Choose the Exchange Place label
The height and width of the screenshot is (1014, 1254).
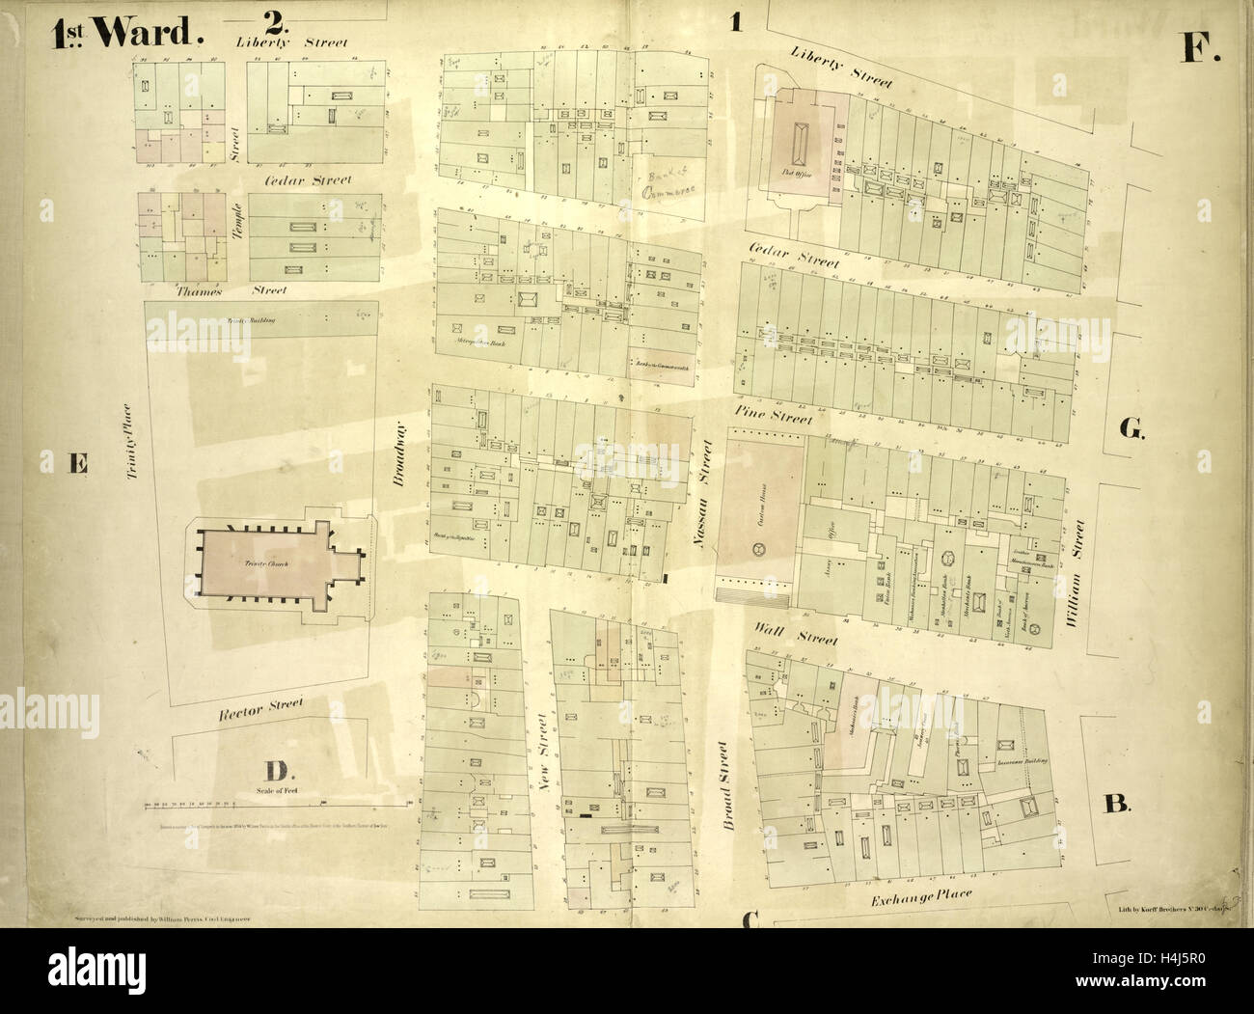point(921,896)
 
